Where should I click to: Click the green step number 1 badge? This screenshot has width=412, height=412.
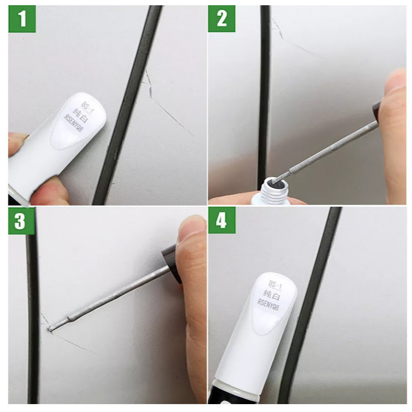click(22, 19)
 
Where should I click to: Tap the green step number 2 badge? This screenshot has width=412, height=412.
click(222, 19)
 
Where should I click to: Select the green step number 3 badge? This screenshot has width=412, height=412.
click(22, 221)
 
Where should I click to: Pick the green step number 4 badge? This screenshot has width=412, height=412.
click(222, 220)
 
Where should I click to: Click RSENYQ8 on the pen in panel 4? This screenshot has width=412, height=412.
click(268, 305)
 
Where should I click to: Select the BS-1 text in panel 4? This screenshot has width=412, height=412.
click(275, 285)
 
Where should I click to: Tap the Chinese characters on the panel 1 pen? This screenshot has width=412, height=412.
click(80, 115)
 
